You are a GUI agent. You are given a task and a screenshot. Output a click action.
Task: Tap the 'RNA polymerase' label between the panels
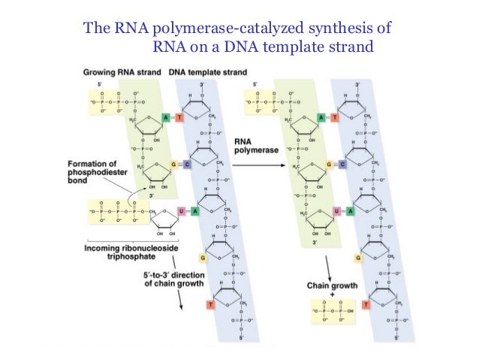[x=252, y=145]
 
